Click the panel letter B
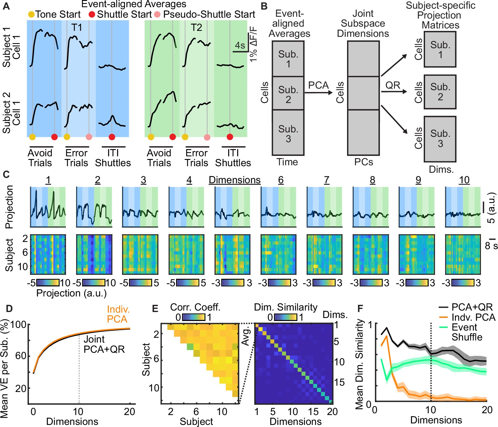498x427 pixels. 264,6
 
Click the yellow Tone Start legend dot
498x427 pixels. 31,14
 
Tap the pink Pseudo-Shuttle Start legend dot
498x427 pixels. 157,14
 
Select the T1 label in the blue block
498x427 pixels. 77,28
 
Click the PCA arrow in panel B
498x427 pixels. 318,93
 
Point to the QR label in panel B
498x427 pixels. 393,85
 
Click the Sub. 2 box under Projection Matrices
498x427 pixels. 440,92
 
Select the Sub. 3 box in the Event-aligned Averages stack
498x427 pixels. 288,134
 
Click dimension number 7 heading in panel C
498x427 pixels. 326,180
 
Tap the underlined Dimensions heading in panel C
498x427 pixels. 234,180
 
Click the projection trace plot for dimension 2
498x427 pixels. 94,207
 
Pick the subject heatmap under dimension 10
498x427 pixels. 463,255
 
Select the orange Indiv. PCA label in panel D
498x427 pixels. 118,314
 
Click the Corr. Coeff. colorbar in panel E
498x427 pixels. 194,317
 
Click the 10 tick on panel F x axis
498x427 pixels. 431,410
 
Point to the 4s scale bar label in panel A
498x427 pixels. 240,46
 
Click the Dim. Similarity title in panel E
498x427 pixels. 285,307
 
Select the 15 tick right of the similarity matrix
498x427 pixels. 339,382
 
